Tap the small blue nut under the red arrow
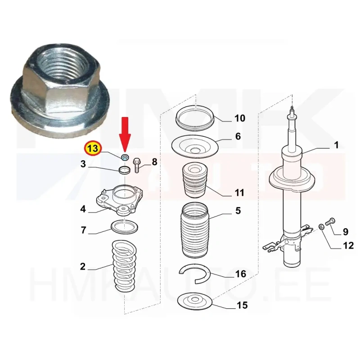tap(125, 157)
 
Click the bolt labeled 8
tap(137, 165)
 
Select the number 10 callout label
tap(240, 118)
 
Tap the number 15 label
tap(242, 305)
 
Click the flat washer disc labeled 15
tap(195, 301)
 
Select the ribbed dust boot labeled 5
tap(195, 230)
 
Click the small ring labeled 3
tap(125, 171)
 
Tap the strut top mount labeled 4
tap(119, 200)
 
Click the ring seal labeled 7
tap(125, 226)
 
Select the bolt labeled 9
tap(330, 222)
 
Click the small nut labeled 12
tap(321, 226)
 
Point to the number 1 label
tap(336, 145)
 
